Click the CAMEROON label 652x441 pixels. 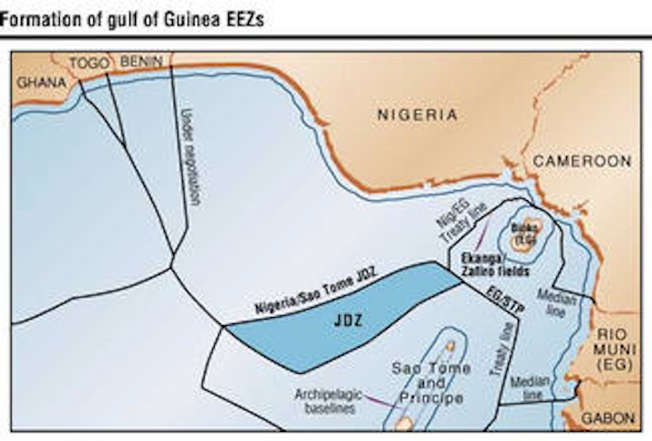tap(581, 160)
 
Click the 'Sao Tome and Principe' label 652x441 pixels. tap(430, 383)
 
